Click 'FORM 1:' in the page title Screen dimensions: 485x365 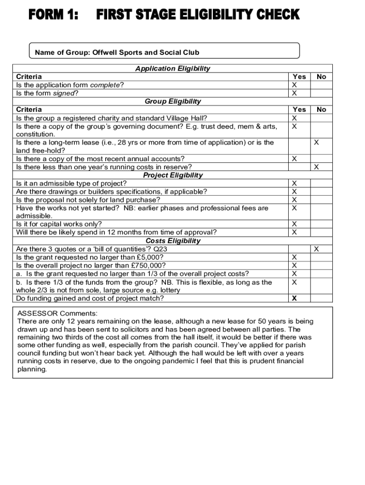click(x=53, y=15)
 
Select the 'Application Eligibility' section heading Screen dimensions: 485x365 click(x=173, y=69)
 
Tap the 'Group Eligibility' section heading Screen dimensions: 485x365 click(x=173, y=101)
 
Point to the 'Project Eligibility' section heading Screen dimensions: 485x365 click(x=173, y=175)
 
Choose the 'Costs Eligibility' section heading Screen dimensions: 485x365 click(x=173, y=241)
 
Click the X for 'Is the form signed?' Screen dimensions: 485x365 click(x=294, y=93)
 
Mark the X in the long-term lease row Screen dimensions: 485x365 click(x=317, y=143)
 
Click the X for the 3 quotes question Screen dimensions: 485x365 click(x=317, y=249)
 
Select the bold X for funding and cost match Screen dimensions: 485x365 click(x=294, y=298)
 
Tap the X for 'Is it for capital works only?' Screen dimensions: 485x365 click(x=294, y=224)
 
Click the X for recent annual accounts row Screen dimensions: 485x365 click(x=294, y=159)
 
